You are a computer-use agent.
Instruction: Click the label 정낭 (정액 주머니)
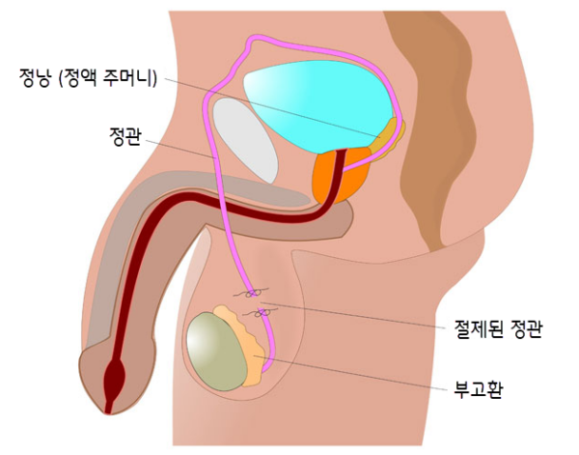89,78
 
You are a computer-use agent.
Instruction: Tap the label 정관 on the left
124,137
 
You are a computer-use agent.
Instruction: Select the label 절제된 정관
499,328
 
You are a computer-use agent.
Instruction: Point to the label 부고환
479,389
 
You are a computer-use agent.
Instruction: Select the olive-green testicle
217,352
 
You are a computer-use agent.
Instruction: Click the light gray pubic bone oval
245,140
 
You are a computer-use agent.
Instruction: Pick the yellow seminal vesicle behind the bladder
388,138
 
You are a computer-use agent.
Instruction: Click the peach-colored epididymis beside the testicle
244,346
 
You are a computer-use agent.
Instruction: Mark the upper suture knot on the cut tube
253,294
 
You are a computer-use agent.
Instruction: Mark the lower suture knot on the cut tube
262,313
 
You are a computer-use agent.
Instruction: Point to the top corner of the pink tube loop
253,37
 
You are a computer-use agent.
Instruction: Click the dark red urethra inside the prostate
339,174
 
